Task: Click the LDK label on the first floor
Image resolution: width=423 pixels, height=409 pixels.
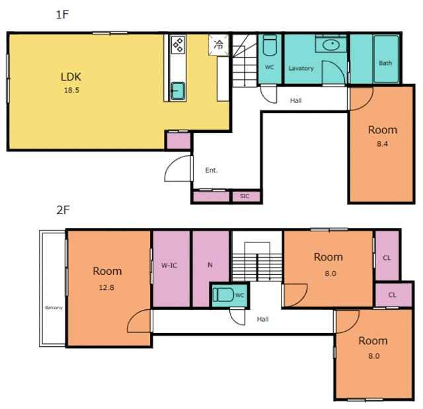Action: (x=71, y=77)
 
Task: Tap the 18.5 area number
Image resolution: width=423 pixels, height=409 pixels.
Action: (x=71, y=90)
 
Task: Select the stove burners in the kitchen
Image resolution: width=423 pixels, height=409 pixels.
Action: (x=178, y=44)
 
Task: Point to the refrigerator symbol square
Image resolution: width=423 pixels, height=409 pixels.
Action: (x=219, y=45)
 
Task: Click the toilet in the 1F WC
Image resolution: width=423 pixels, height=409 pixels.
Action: (x=270, y=45)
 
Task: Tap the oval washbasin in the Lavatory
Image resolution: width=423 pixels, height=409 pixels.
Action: (x=331, y=45)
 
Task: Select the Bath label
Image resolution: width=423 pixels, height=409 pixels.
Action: (x=385, y=63)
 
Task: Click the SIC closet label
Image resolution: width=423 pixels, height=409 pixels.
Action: (x=245, y=196)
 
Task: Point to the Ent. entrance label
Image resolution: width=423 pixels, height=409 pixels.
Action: (x=211, y=170)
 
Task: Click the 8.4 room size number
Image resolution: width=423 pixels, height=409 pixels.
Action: (x=382, y=144)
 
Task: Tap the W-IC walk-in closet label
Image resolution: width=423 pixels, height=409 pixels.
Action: (x=169, y=266)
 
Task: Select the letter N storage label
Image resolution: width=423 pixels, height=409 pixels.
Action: (x=210, y=265)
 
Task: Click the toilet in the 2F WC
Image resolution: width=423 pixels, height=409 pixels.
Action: (x=223, y=295)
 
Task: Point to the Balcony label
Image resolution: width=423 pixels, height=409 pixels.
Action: (x=54, y=308)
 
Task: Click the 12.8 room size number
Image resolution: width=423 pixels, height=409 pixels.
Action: (x=106, y=287)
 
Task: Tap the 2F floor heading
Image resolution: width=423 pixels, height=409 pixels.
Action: (x=63, y=210)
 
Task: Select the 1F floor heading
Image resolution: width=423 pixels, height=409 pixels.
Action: (x=62, y=15)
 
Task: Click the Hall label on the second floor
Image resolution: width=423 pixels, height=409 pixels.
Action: (x=262, y=319)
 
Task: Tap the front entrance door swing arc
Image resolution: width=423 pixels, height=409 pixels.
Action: (x=171, y=162)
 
